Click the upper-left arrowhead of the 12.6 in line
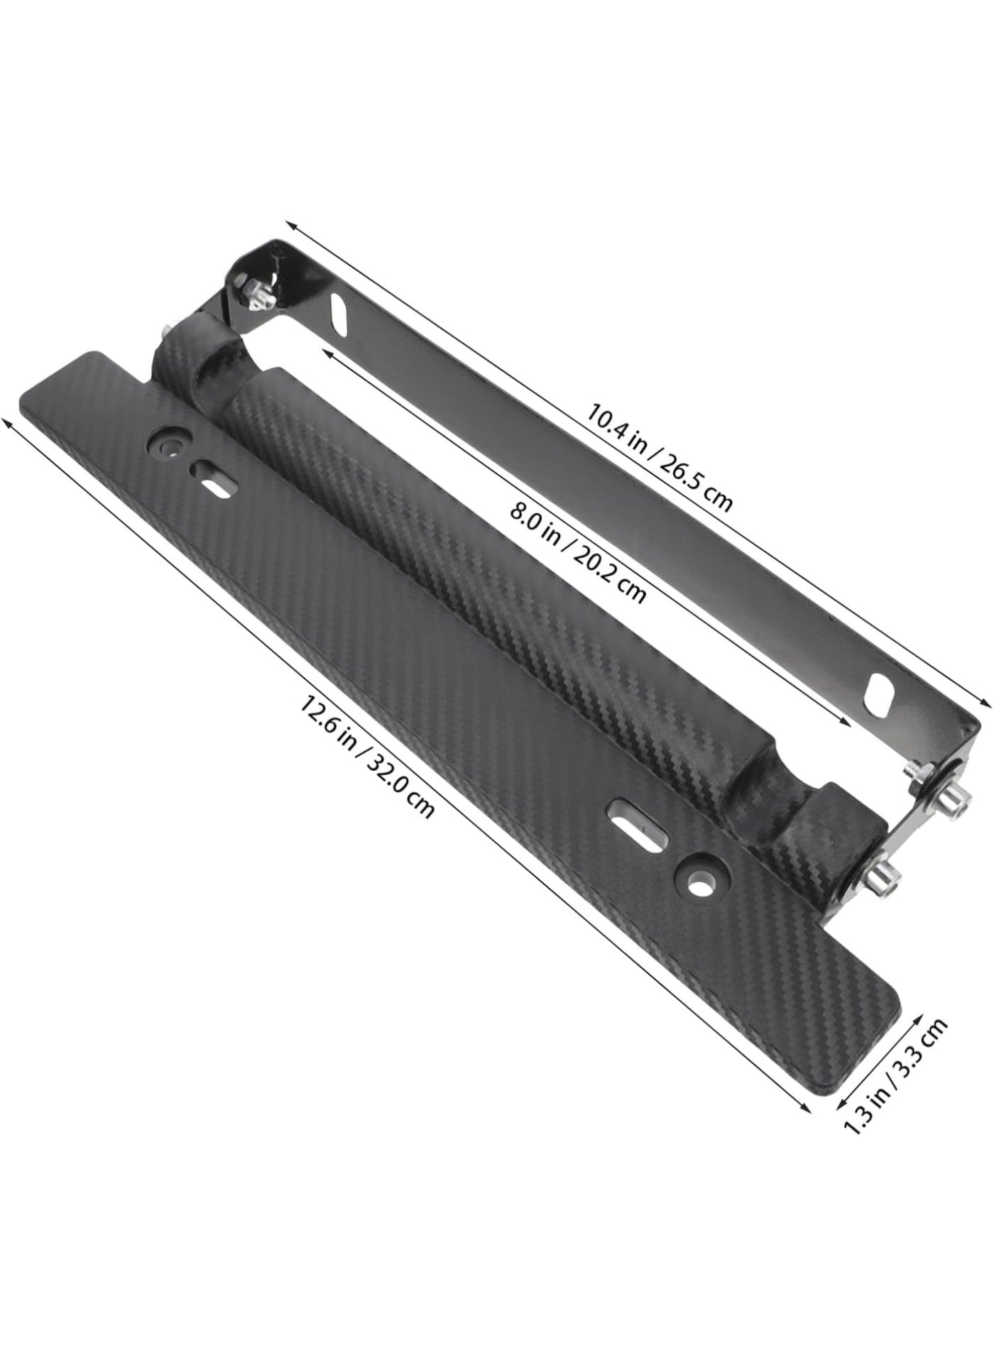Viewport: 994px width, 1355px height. pos(9,421)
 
